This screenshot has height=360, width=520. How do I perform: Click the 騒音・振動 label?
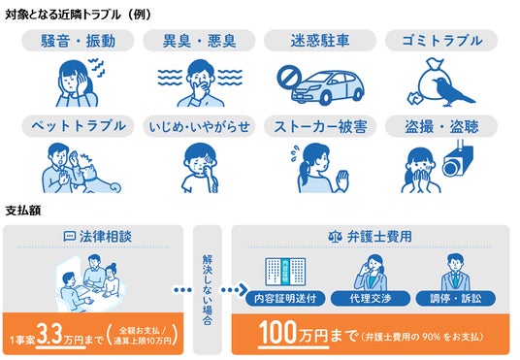pyautogui.click(x=78, y=41)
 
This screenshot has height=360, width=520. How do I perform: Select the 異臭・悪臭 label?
pyautogui.click(x=199, y=41)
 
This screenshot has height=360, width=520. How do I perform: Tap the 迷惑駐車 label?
pyautogui.click(x=320, y=41)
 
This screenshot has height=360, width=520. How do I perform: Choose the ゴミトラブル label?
pyautogui.click(x=441, y=41)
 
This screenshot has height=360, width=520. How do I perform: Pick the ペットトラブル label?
pyautogui.click(x=78, y=126)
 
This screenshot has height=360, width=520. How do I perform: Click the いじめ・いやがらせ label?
pyautogui.click(x=199, y=126)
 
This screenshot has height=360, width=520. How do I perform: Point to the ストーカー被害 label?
pyautogui.click(x=320, y=126)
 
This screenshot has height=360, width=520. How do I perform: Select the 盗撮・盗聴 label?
pyautogui.click(x=441, y=126)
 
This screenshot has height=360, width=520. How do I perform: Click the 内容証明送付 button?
pyautogui.click(x=285, y=298)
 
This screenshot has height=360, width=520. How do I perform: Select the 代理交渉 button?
pyautogui.click(x=370, y=298)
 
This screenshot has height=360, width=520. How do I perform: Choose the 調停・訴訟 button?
pyautogui.click(x=455, y=298)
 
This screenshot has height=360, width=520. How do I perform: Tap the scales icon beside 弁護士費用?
pyautogui.click(x=335, y=237)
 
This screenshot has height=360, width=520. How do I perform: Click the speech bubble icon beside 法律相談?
pyautogui.click(x=69, y=237)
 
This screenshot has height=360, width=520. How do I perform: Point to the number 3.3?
pyautogui.click(x=49, y=334)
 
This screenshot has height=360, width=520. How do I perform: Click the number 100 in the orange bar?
pyautogui.click(x=277, y=333)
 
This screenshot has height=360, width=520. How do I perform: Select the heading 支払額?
pyautogui.click(x=23, y=211)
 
